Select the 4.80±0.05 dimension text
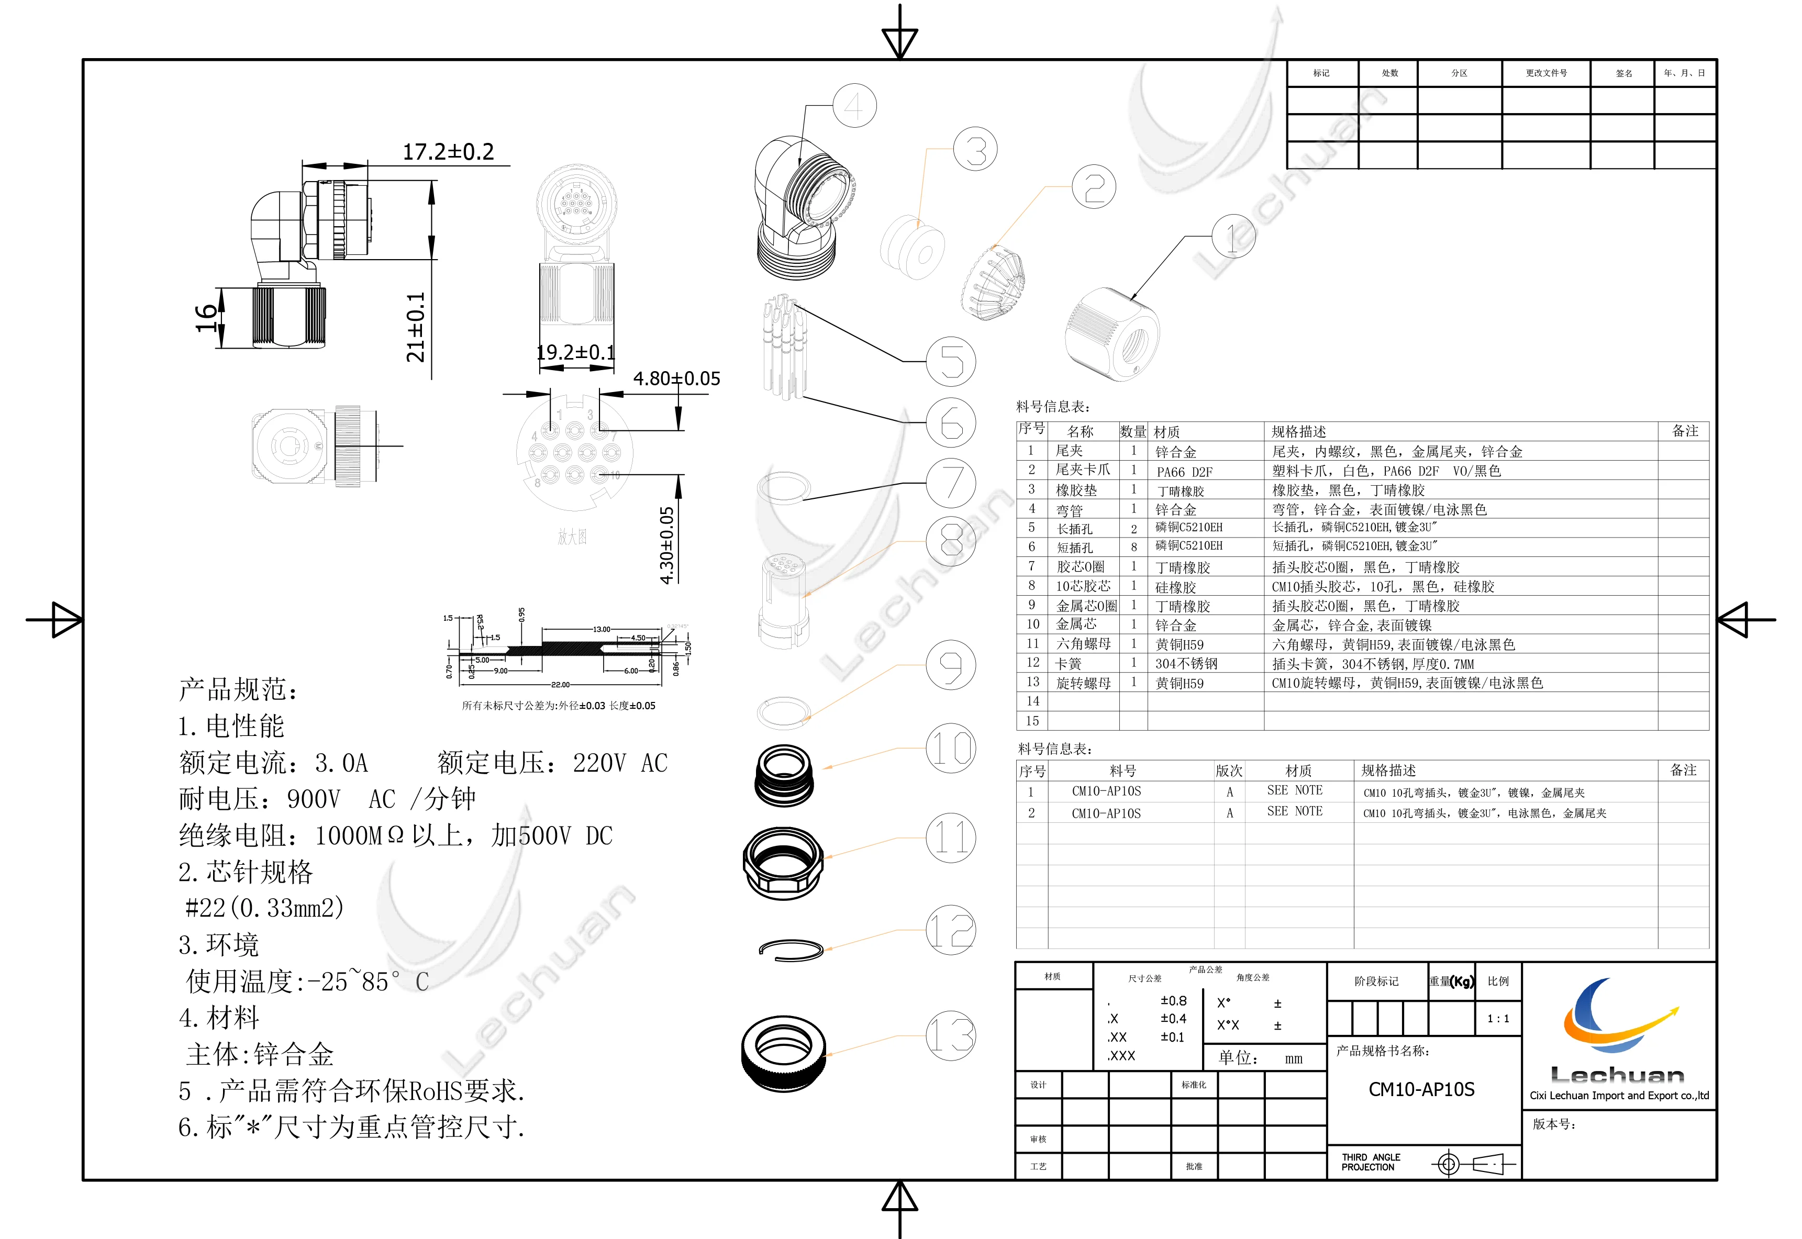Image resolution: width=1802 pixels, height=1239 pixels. tap(676, 379)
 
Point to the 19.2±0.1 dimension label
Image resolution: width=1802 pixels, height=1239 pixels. tap(575, 352)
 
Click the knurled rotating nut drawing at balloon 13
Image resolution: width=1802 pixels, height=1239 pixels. tap(783, 1052)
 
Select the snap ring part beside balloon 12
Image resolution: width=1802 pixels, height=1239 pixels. tap(791, 950)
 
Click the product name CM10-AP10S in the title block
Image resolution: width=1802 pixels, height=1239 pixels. tap(1421, 1089)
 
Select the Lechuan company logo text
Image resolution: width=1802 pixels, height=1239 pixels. tap(1617, 1075)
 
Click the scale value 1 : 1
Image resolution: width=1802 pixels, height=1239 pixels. tap(1498, 1019)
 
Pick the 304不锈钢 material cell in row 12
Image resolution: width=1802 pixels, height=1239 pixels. tap(1186, 664)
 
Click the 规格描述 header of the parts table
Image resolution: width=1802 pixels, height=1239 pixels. tap(1299, 432)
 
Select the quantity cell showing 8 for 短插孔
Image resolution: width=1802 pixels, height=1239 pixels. tap(1133, 548)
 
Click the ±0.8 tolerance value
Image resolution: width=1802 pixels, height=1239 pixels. tap(1173, 1001)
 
